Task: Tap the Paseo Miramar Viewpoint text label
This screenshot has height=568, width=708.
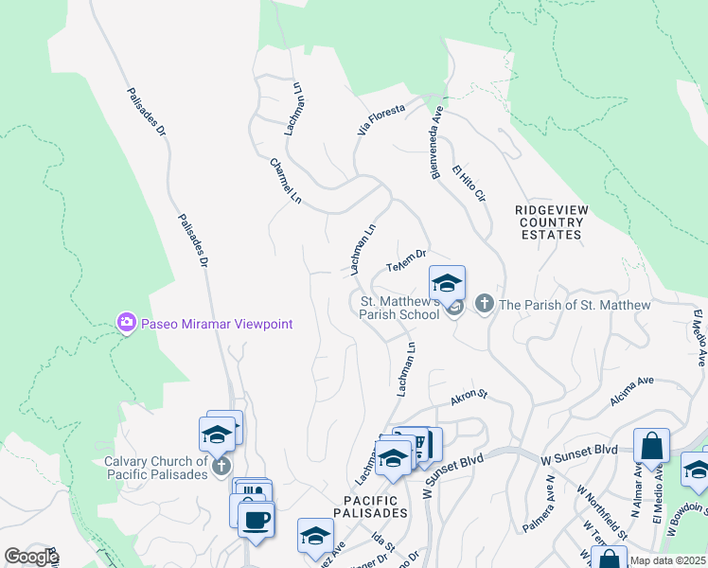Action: coord(217,324)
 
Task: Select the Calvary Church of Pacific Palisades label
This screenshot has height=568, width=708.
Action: coord(157,468)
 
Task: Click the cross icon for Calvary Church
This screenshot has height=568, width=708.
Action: coord(221,466)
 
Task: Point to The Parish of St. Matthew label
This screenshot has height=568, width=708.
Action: coord(575,305)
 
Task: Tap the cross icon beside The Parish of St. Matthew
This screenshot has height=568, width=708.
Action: coord(485,304)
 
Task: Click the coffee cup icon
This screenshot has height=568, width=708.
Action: coord(256,519)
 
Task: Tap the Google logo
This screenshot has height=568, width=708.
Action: coord(31,557)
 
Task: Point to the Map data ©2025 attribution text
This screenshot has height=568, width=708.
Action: coord(668,561)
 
